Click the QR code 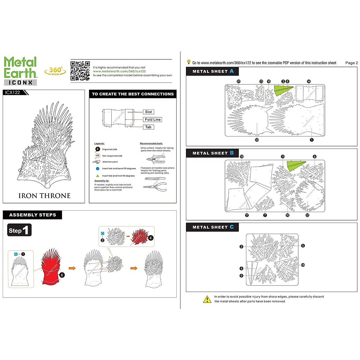[80, 71]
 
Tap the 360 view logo [55, 71]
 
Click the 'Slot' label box [148, 112]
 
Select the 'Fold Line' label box [153, 119]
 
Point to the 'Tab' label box [148, 127]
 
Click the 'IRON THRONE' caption [44, 196]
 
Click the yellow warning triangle [207, 299]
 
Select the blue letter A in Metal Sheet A [232, 71]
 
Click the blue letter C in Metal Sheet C [232, 227]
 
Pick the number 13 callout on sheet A [257, 140]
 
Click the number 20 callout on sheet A [238, 81]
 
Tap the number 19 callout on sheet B [242, 157]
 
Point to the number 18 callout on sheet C [303, 265]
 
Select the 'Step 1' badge [19, 230]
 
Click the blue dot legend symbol [97, 169]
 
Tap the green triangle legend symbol [97, 176]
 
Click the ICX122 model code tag [13, 92]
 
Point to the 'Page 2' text [351, 63]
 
